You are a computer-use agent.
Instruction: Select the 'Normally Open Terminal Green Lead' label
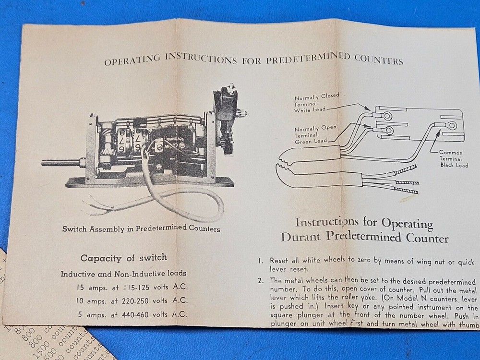(x=315, y=134)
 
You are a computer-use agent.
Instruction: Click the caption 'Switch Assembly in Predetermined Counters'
(x=141, y=228)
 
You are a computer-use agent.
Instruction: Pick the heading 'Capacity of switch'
(x=124, y=258)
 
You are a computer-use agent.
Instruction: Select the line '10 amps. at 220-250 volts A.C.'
(x=132, y=302)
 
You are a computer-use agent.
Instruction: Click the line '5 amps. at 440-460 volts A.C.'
(x=132, y=316)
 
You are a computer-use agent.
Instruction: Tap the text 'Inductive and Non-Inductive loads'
(x=123, y=274)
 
